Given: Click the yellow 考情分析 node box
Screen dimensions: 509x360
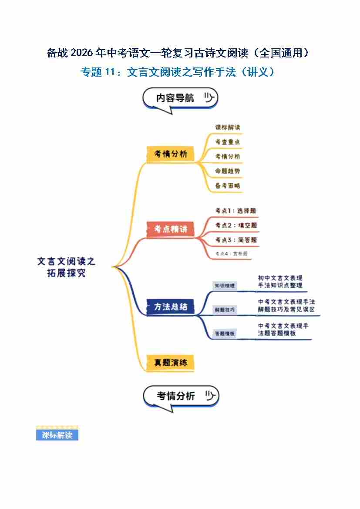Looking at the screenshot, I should tap(170, 154).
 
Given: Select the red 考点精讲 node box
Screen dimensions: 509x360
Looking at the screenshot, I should tap(170, 229).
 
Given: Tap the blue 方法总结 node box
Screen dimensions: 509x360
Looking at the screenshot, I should tap(170, 306).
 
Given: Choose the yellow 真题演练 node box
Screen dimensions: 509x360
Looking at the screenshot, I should tap(170, 362).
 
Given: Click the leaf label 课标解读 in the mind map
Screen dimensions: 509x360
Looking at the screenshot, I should tap(228, 128).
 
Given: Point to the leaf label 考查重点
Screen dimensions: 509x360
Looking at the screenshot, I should tap(228, 142).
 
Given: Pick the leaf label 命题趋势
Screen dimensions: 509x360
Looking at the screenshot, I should tap(228, 171).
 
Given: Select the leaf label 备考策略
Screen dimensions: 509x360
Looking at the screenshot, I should tap(228, 185).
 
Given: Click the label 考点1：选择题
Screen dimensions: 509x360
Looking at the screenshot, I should tap(236, 211).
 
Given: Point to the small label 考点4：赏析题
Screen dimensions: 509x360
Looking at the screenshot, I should tap(231, 253).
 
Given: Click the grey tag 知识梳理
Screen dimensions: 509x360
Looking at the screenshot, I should tap(225, 286).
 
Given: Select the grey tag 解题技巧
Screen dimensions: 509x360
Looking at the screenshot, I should tap(225, 310).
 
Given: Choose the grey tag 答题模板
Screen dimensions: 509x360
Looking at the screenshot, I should tap(225, 334).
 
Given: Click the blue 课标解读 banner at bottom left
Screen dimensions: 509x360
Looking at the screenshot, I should tap(57, 435).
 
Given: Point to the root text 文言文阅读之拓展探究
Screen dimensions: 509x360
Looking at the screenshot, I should tap(66, 267).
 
